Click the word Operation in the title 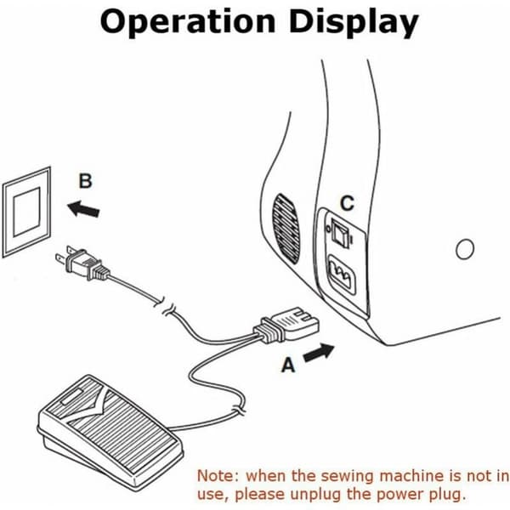(x=188, y=22)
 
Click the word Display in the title (x=354, y=23)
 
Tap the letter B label (x=86, y=181)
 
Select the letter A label (x=288, y=365)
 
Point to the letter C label (x=347, y=203)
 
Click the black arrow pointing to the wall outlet (x=83, y=209)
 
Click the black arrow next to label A (x=319, y=353)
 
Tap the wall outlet (x=26, y=212)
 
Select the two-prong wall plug (x=82, y=263)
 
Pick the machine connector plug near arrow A (x=286, y=326)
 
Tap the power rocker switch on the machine (x=340, y=233)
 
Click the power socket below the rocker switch (x=343, y=275)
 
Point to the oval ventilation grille (x=286, y=229)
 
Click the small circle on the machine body (x=465, y=249)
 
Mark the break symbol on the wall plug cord (x=165, y=308)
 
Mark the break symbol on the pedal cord (x=239, y=411)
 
